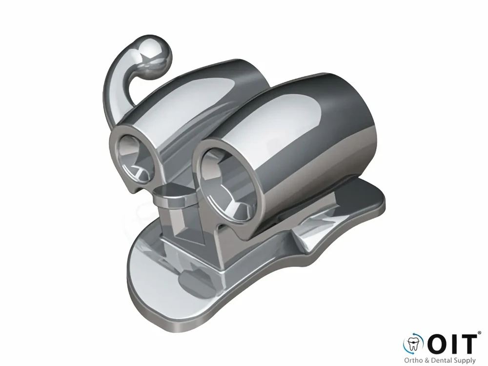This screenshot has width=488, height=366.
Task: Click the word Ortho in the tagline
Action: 412,361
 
